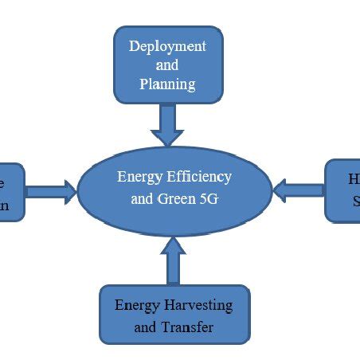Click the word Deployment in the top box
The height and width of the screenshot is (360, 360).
pyautogui.click(x=167, y=46)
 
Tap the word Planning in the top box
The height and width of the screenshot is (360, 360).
pyautogui.click(x=167, y=83)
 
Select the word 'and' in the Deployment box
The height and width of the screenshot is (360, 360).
pyautogui.click(x=167, y=65)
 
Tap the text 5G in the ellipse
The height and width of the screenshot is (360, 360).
pyautogui.click(x=209, y=199)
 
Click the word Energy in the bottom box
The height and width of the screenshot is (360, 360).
pyautogui.click(x=137, y=306)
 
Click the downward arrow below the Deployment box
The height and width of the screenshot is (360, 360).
pyautogui.click(x=167, y=125)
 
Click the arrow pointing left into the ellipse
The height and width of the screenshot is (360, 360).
pyautogui.click(x=298, y=190)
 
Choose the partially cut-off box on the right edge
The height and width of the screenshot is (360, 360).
pyautogui.click(x=343, y=190)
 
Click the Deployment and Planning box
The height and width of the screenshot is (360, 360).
pyautogui.click(x=167, y=65)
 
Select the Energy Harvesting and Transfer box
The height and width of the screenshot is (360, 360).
pyautogui.click(x=174, y=315)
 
